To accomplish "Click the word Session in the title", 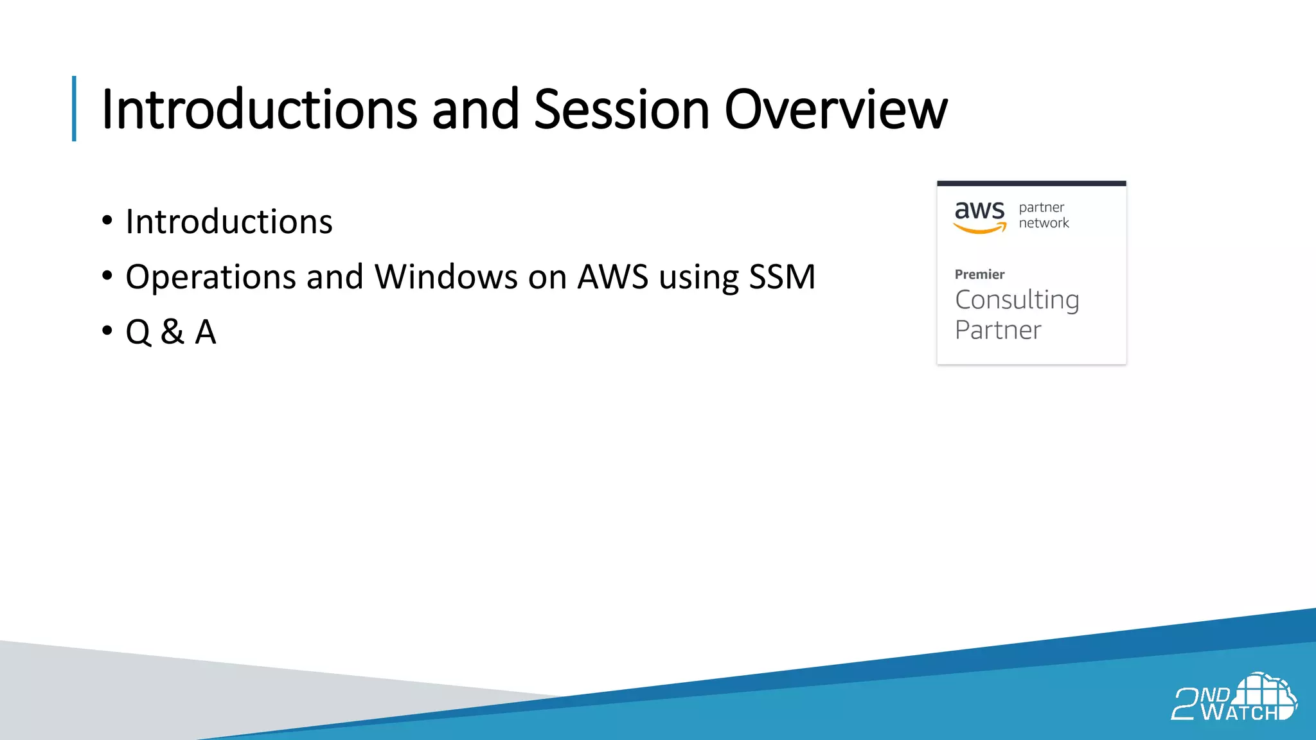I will tap(621, 109).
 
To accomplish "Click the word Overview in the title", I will tap(835, 109).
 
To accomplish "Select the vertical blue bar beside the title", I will tap(75, 109).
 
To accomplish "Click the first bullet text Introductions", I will tap(229, 222).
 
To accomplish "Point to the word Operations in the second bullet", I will tap(210, 277).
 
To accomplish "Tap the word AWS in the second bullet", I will tap(612, 277).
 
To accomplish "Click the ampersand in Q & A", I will tap(172, 332).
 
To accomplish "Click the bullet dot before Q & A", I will tap(107, 331).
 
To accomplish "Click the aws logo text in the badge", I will tap(979, 211).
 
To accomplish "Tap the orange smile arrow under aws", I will tap(980, 229).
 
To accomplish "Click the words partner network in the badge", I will tap(1043, 215).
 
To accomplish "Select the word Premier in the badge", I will tap(979, 274).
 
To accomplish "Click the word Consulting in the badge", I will tap(1017, 301).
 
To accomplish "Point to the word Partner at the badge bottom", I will tap(998, 330).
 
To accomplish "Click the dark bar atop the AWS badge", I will tap(1031, 184).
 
